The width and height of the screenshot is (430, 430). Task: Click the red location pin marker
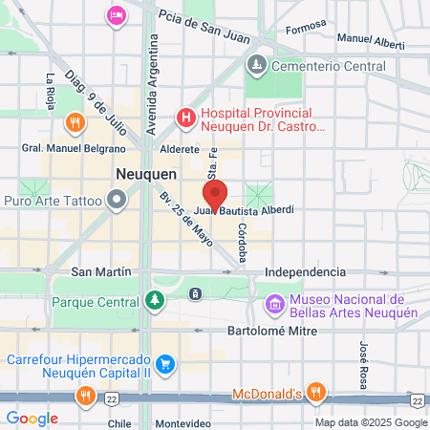[215, 194]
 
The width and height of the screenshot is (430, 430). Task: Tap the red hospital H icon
[185, 118]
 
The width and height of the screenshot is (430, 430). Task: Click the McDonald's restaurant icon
[317, 393]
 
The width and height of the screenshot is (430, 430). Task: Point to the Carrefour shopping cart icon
[164, 364]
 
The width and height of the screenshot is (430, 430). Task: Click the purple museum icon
[274, 305]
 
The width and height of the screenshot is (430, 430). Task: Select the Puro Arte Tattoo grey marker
[117, 200]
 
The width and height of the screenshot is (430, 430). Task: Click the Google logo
[32, 418]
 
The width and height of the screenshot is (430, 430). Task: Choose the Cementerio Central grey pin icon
[256, 65]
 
